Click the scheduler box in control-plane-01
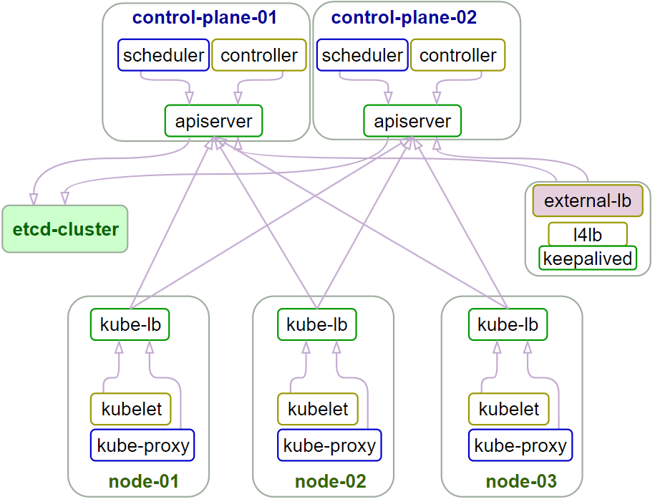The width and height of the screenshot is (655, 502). (163, 56)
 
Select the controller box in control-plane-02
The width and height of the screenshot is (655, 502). (457, 56)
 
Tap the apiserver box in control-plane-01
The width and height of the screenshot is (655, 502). (213, 121)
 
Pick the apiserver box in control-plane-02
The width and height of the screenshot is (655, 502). (412, 121)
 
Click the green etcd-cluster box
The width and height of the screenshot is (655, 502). (65, 229)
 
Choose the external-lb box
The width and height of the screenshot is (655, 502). (588, 201)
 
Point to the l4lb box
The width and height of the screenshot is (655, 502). (588, 234)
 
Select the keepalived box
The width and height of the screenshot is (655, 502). (588, 258)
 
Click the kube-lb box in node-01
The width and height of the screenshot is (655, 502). (130, 324)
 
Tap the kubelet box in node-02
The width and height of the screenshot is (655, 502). (318, 410)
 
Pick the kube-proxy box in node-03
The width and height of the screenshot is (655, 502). (520, 445)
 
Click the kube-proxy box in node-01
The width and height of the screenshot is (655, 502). (142, 445)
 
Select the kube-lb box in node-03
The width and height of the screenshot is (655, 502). (508, 324)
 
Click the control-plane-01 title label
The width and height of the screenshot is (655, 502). (205, 17)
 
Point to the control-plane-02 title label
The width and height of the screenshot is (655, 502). (404, 17)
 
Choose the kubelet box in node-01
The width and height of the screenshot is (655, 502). (131, 410)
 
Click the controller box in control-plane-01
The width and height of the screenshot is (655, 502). (258, 56)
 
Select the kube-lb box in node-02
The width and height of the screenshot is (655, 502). (316, 324)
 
